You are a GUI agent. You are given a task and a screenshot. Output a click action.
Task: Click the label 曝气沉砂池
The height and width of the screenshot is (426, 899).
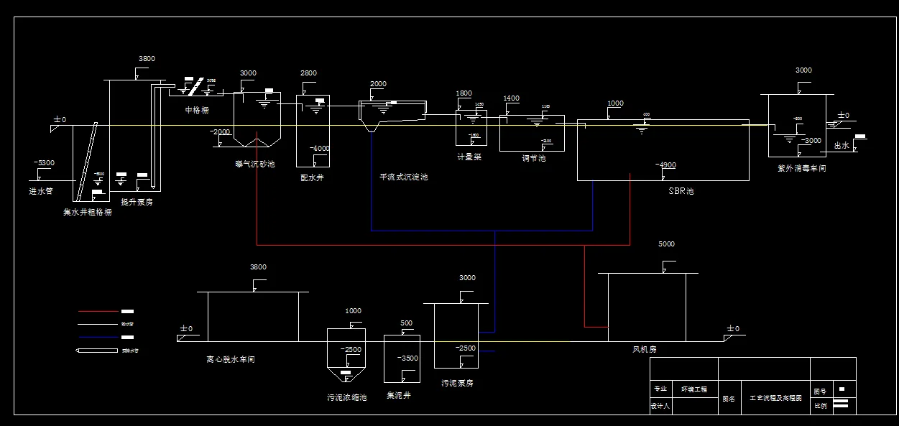[254, 164]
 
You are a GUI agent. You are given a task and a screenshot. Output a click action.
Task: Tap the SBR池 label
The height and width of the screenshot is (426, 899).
[680, 191]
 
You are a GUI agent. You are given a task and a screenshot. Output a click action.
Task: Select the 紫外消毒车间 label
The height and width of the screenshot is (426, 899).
[802, 168]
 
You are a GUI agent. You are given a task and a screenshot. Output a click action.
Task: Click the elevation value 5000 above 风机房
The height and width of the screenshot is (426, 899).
[666, 244]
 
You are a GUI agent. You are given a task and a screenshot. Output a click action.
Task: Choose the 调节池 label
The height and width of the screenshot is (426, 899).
[533, 158]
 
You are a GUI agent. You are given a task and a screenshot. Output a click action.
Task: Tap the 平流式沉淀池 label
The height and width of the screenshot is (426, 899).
[403, 177]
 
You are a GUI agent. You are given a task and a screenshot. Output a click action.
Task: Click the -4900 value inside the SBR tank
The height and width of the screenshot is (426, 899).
[665, 165]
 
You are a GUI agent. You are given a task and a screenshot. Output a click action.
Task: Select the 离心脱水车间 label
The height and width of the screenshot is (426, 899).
[230, 359]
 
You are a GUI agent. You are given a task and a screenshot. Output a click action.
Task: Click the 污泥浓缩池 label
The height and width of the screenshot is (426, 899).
[346, 397]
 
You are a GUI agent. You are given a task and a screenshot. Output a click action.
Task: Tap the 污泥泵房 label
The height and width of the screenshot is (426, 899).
[457, 383]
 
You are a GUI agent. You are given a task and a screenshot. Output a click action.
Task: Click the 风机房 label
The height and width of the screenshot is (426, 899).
[644, 349]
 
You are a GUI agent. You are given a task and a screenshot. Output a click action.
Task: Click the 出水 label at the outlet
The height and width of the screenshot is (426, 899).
[842, 145]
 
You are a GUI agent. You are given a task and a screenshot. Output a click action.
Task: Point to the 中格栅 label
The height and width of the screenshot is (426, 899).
[197, 110]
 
